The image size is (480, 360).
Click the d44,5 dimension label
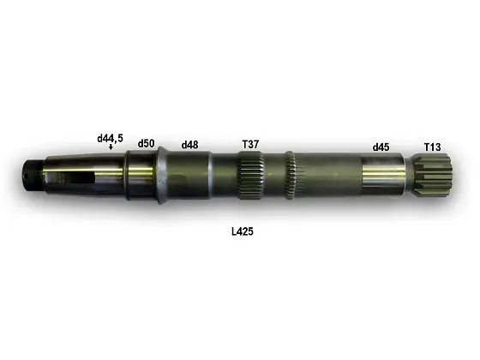(110, 137)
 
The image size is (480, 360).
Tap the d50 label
(146, 143)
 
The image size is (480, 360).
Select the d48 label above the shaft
(189, 145)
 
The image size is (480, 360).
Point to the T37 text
(249, 144)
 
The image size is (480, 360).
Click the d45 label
(381, 147)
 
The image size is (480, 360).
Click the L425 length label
(242, 231)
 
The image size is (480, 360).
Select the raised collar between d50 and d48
(160, 175)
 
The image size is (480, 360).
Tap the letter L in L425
(233, 231)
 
